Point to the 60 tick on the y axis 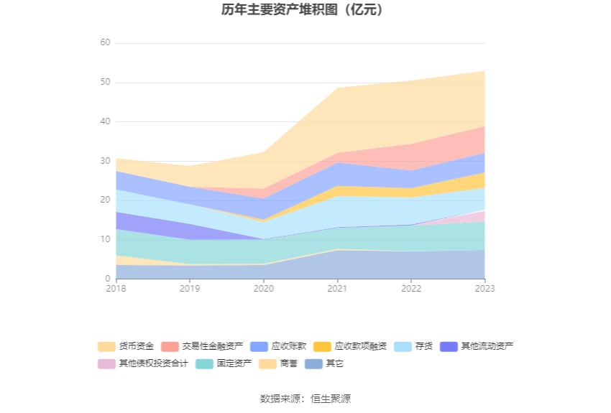tap(105, 43)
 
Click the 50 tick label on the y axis tap(105, 83)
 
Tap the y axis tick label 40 tap(105, 122)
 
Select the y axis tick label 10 tap(105, 240)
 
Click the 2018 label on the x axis tap(116, 289)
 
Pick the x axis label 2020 tap(263, 289)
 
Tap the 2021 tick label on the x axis tap(337, 289)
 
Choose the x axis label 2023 tap(484, 289)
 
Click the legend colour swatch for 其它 tap(314, 363)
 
